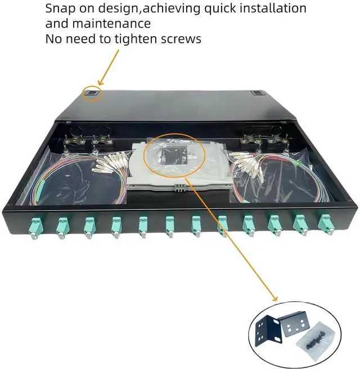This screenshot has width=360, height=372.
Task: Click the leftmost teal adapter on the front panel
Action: click(34, 226)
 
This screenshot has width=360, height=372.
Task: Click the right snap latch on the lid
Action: click(258, 95)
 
